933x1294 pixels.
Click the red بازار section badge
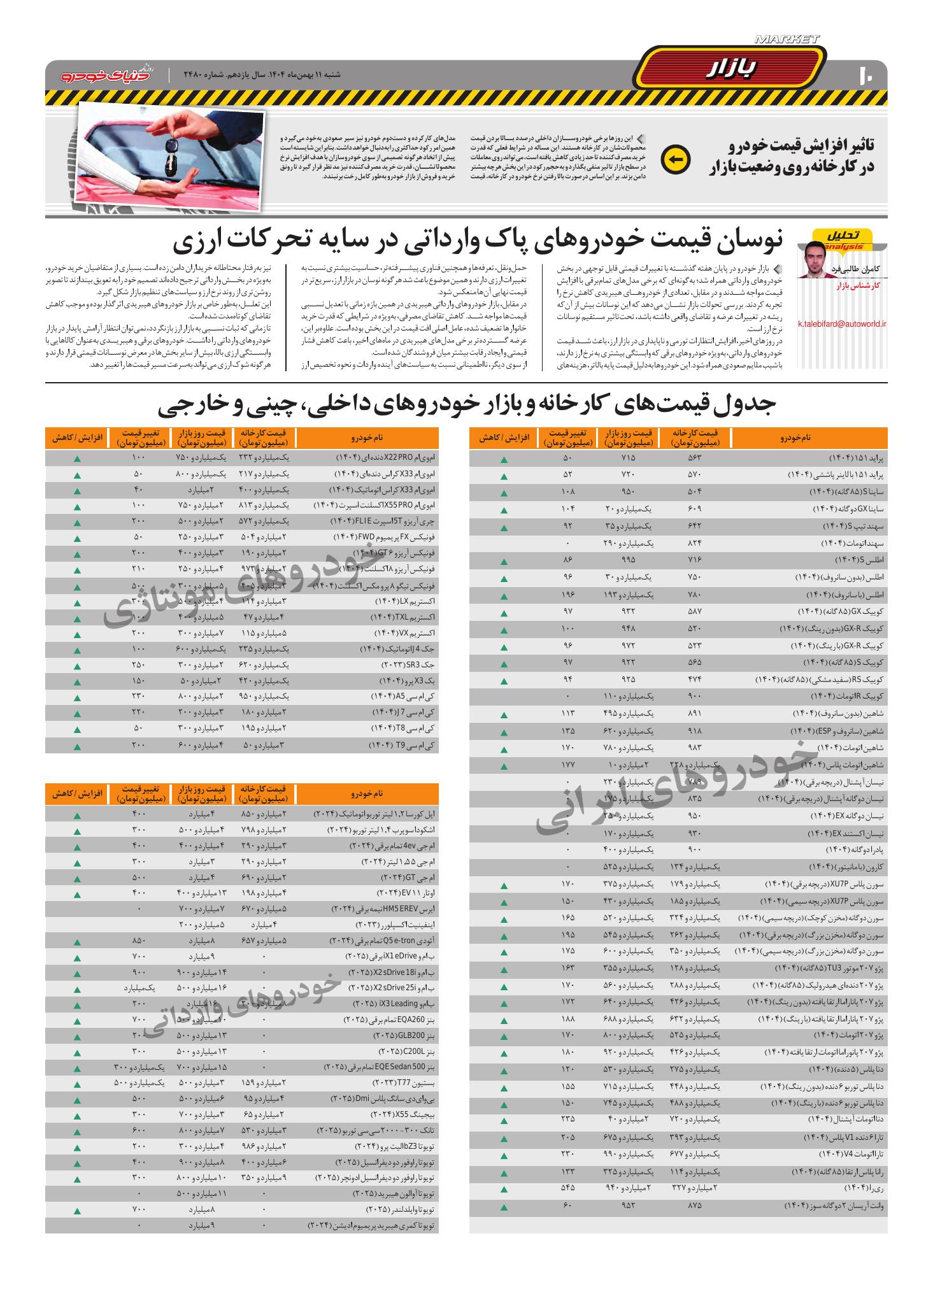tap(730, 68)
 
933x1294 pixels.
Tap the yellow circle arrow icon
tap(676, 160)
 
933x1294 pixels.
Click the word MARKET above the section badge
tap(787, 39)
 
